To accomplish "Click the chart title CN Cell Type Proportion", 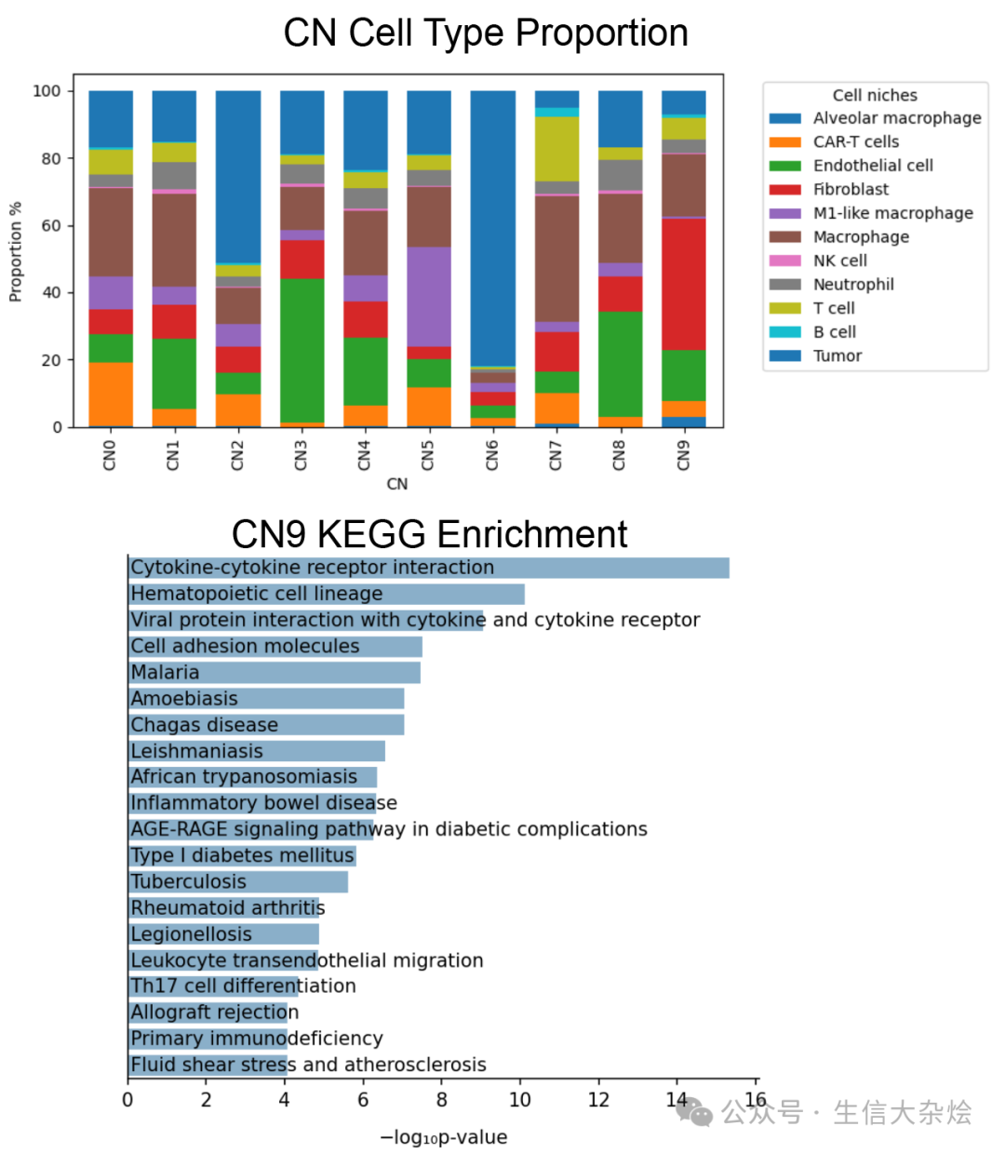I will [485, 34].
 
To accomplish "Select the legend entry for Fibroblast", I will [850, 190].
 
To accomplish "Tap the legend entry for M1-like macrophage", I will [891, 213].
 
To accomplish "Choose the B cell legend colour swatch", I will [784, 332].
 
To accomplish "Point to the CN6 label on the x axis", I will [492, 455].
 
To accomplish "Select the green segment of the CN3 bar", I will [301, 350].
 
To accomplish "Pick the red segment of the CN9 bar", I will [683, 284].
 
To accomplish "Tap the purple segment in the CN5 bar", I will [429, 297].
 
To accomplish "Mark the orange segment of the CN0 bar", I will [111, 394].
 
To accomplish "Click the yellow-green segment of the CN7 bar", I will [556, 149].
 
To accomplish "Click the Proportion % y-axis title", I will [15, 251].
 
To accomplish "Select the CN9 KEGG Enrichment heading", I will [429, 535].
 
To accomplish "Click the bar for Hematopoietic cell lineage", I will [326, 594].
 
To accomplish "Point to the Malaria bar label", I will [165, 672].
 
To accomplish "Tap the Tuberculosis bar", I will [237, 881].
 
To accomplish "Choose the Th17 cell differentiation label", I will [243, 985].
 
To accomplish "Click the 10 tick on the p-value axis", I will [519, 1100].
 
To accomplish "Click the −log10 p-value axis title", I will [443, 1137].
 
